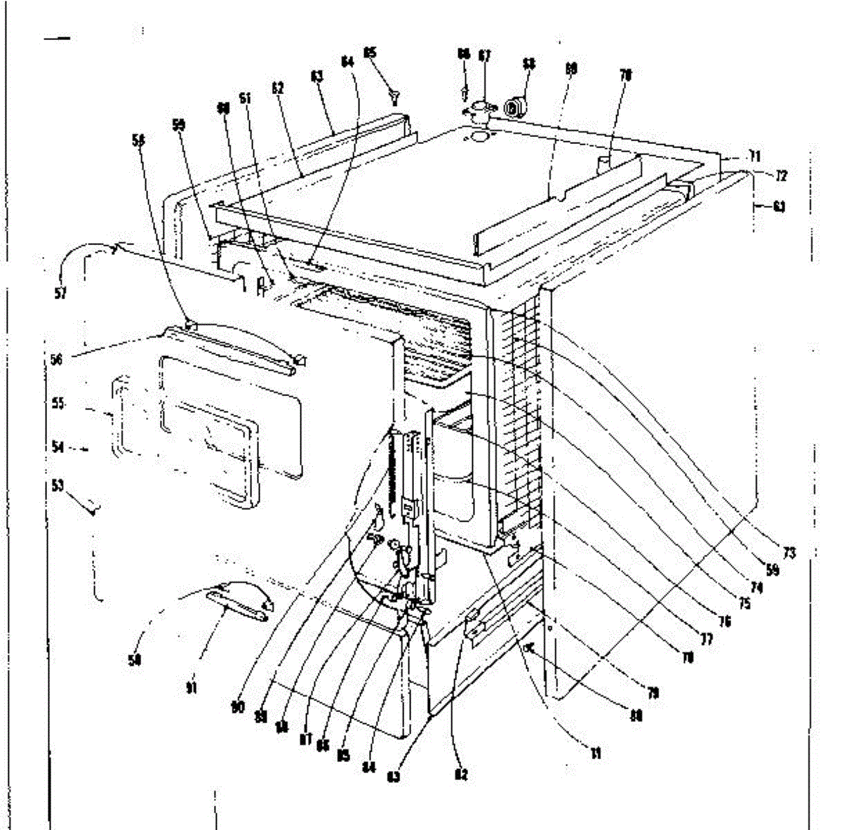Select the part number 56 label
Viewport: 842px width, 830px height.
point(57,359)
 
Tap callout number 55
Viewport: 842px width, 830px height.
point(59,404)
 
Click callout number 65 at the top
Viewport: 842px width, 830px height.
point(370,52)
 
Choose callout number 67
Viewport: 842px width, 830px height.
point(484,56)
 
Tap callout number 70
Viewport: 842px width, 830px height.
point(626,74)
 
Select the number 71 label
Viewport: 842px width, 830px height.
point(755,156)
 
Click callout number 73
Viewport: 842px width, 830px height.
point(789,553)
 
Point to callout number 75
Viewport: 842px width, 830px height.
point(744,603)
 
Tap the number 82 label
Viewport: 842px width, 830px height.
point(461,775)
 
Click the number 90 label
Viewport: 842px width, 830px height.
point(239,707)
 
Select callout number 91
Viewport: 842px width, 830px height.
point(190,688)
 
